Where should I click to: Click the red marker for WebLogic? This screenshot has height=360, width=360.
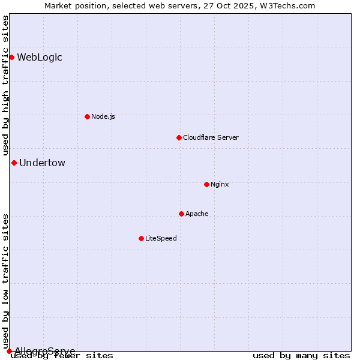click(11, 57)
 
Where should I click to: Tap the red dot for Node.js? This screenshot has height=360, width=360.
click(87, 116)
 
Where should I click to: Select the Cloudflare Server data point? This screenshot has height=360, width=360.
click(179, 137)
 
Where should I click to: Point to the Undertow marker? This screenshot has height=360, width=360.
click(14, 163)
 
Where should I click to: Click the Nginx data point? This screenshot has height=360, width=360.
click(206, 184)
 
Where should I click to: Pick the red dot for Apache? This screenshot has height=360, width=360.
click(181, 214)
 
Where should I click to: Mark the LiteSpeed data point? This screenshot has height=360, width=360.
click(141, 238)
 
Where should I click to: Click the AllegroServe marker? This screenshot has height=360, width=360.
click(9, 351)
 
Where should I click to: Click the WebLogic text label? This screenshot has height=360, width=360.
click(40, 58)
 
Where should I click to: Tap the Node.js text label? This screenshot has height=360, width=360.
click(103, 116)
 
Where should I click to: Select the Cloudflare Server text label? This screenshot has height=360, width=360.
click(211, 137)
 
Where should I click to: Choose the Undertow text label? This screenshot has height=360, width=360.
click(42, 163)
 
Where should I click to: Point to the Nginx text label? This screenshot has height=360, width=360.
click(220, 184)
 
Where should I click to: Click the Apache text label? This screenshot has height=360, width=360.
click(197, 214)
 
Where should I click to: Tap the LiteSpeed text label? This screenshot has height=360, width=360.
click(161, 238)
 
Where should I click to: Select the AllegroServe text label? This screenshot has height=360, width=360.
click(45, 351)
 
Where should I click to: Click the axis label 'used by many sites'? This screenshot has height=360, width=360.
click(301, 356)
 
